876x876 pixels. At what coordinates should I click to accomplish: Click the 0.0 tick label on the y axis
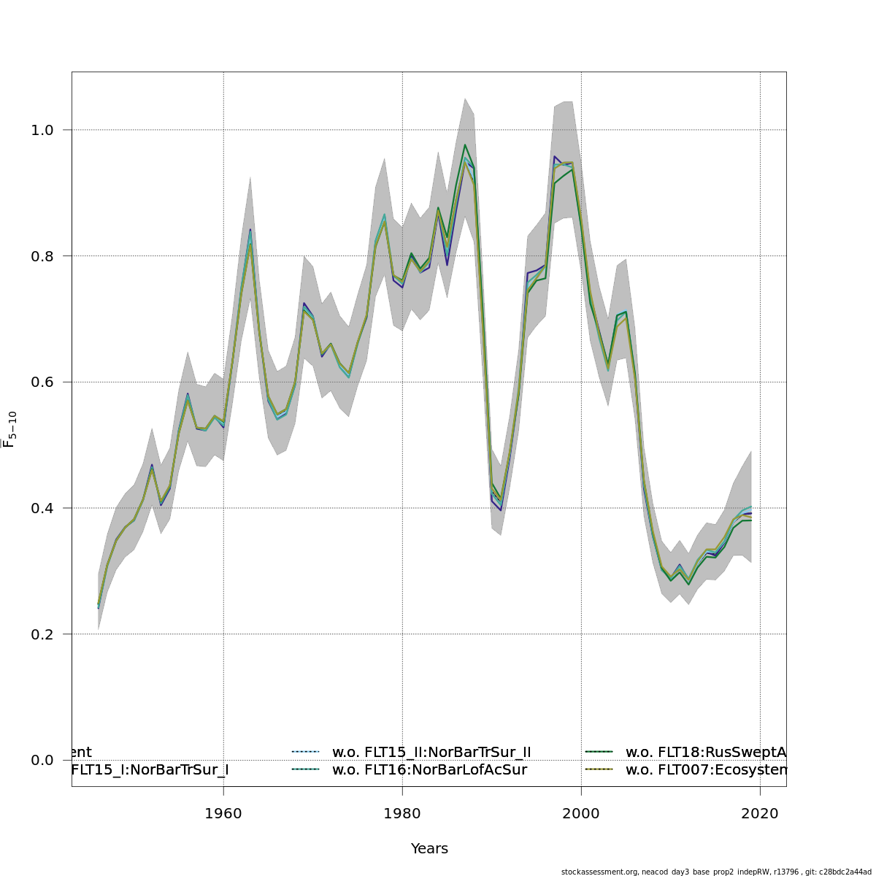tap(42, 760)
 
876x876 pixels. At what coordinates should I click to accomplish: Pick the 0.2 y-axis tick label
tap(42, 634)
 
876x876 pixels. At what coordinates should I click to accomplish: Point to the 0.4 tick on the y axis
tap(42, 508)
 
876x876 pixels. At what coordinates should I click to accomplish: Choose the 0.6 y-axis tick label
tap(42, 382)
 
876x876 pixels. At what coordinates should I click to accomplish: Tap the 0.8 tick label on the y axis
tap(42, 255)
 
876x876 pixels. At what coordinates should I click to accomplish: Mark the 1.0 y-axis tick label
tap(42, 130)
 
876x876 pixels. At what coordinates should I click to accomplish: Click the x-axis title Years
tap(429, 849)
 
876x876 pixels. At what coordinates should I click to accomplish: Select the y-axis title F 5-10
tap(9, 429)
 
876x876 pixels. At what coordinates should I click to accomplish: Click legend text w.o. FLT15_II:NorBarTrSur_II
tap(431, 752)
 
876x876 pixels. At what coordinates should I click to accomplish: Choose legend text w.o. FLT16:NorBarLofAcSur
tap(429, 769)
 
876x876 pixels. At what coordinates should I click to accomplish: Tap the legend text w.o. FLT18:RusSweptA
tap(705, 752)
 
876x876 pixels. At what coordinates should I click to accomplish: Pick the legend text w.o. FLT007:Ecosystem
tap(705, 769)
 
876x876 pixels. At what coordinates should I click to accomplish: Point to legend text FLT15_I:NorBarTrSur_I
tap(150, 769)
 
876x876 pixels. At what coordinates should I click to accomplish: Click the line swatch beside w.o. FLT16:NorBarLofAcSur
tap(306, 769)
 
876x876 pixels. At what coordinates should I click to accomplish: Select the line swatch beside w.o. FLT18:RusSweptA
tap(599, 752)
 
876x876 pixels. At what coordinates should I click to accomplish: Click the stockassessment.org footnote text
tap(716, 872)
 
